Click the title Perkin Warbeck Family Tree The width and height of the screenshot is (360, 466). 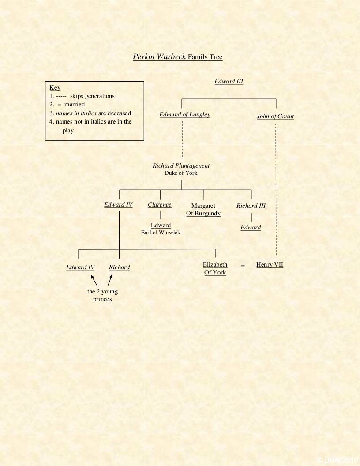point(178,57)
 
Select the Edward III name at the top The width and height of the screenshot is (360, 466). point(229,81)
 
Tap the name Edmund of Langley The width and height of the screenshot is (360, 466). point(184,115)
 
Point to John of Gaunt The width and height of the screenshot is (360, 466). point(275,116)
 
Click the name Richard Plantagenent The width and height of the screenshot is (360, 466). point(181,166)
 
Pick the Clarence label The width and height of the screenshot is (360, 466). point(160,205)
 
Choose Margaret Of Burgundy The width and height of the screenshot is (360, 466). point(203,210)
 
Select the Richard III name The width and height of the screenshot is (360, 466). point(251,206)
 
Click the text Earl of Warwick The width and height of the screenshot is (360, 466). point(161,233)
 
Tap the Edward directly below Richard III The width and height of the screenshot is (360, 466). point(251,228)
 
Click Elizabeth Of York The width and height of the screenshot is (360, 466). point(215,268)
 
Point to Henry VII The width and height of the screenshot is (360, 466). point(270,265)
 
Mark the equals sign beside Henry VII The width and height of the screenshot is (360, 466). point(243,266)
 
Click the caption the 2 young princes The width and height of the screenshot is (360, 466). point(102,295)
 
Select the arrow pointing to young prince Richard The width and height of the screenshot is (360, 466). point(110,280)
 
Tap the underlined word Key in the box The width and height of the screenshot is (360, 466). point(55,87)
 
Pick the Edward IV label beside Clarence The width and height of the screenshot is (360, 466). point(118,205)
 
